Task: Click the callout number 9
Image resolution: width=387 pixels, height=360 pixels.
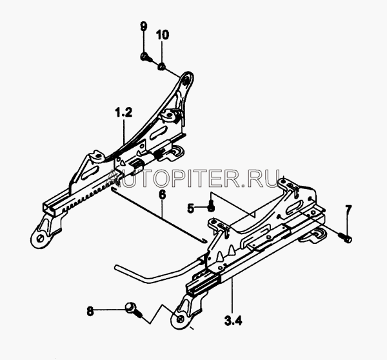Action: tap(143, 26)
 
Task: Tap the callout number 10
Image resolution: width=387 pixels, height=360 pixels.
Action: tap(162, 35)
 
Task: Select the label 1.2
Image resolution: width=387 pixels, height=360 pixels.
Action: tap(124, 112)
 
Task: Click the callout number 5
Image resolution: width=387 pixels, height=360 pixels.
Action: tap(191, 209)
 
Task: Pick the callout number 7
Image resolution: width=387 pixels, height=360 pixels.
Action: tap(348, 210)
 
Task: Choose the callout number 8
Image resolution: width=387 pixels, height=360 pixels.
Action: tap(90, 311)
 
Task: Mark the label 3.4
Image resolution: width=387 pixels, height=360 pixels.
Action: tap(233, 321)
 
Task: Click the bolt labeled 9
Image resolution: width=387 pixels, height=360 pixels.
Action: tap(144, 57)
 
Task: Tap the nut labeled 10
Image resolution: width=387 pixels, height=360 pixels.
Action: tap(162, 66)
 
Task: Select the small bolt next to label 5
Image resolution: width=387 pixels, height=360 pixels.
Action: tap(210, 206)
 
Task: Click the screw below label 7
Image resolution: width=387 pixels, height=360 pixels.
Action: tap(346, 238)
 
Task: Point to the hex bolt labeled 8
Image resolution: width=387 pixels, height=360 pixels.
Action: tap(134, 310)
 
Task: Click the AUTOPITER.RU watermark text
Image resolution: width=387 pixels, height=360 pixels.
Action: tap(194, 178)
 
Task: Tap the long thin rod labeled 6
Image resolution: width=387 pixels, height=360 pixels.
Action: tap(159, 215)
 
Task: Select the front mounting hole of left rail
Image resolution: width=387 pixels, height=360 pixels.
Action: tap(39, 239)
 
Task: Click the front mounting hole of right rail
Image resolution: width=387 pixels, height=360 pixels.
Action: tap(180, 319)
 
